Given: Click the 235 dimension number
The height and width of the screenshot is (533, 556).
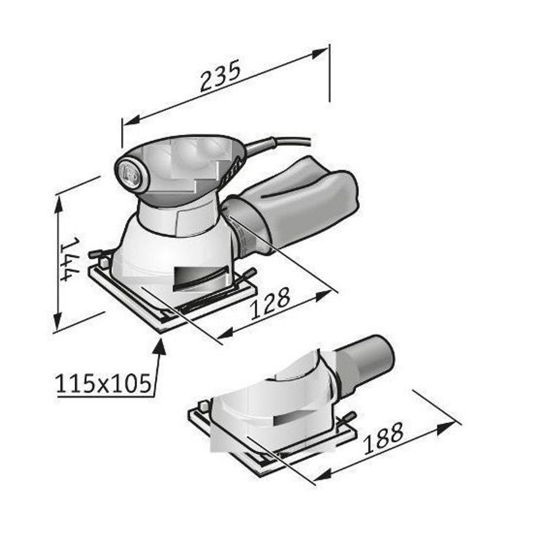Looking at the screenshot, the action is (x=220, y=76).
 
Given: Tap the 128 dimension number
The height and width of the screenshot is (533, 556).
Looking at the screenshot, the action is (x=270, y=303).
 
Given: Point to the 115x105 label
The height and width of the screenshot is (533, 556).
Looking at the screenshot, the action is (x=103, y=384).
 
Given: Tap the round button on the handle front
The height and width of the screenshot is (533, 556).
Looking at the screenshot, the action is (x=129, y=174).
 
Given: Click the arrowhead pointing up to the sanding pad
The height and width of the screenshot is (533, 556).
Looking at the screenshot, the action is (x=160, y=346).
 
